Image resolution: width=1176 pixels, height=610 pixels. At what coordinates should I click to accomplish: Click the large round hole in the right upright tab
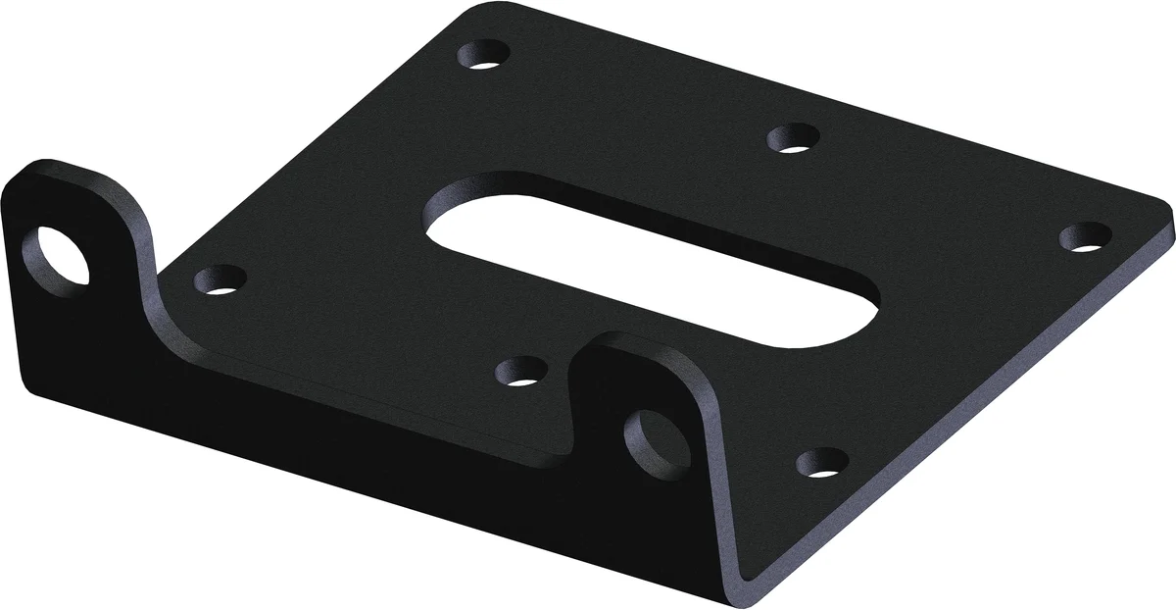[x=651, y=440]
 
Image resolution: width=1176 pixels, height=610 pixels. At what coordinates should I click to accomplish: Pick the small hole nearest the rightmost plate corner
[x=1086, y=237]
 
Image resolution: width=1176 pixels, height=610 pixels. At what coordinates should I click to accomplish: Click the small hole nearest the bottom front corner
[x=821, y=462]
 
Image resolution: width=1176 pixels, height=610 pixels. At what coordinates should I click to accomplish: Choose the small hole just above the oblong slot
[x=794, y=137]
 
